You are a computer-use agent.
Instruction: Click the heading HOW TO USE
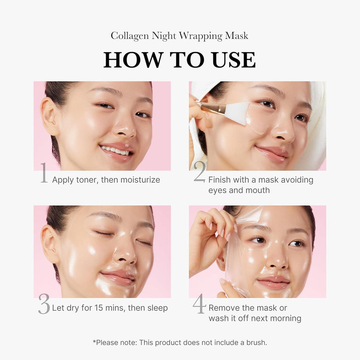pos(180,60)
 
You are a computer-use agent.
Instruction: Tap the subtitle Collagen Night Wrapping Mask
pos(180,36)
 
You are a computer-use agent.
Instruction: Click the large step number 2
pos(199,173)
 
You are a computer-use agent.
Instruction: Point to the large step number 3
pos(44,304)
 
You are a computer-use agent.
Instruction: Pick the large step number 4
pos(199,304)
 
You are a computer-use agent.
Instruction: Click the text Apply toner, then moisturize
pos(106,180)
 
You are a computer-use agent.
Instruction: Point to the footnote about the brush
pos(180,342)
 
